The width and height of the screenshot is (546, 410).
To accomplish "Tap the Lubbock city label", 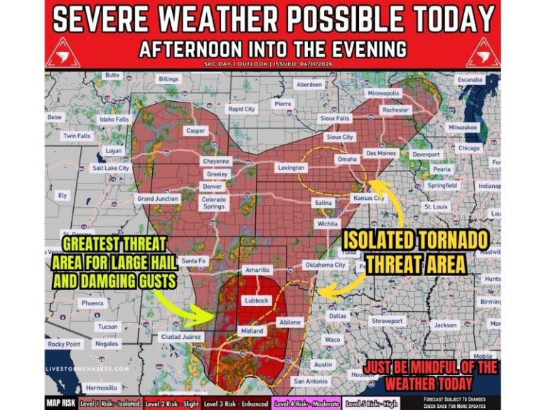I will [x=257, y=300].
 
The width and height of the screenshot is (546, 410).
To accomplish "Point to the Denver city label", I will [x=213, y=186].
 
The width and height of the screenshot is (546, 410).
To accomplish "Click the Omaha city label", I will [x=346, y=159].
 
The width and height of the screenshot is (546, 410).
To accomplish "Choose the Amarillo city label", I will [x=257, y=270].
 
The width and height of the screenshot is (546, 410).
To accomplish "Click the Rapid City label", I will [x=241, y=110].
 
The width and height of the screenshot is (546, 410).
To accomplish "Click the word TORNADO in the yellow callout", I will [x=448, y=238].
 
